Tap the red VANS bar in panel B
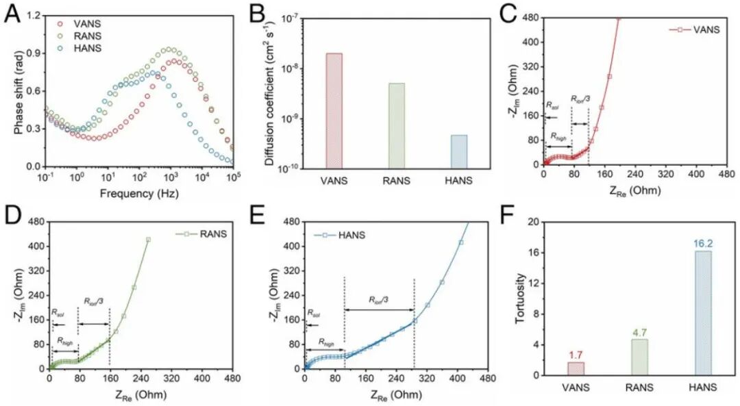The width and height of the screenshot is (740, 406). [x=334, y=110]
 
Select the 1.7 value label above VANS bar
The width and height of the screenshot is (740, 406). [x=576, y=355]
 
